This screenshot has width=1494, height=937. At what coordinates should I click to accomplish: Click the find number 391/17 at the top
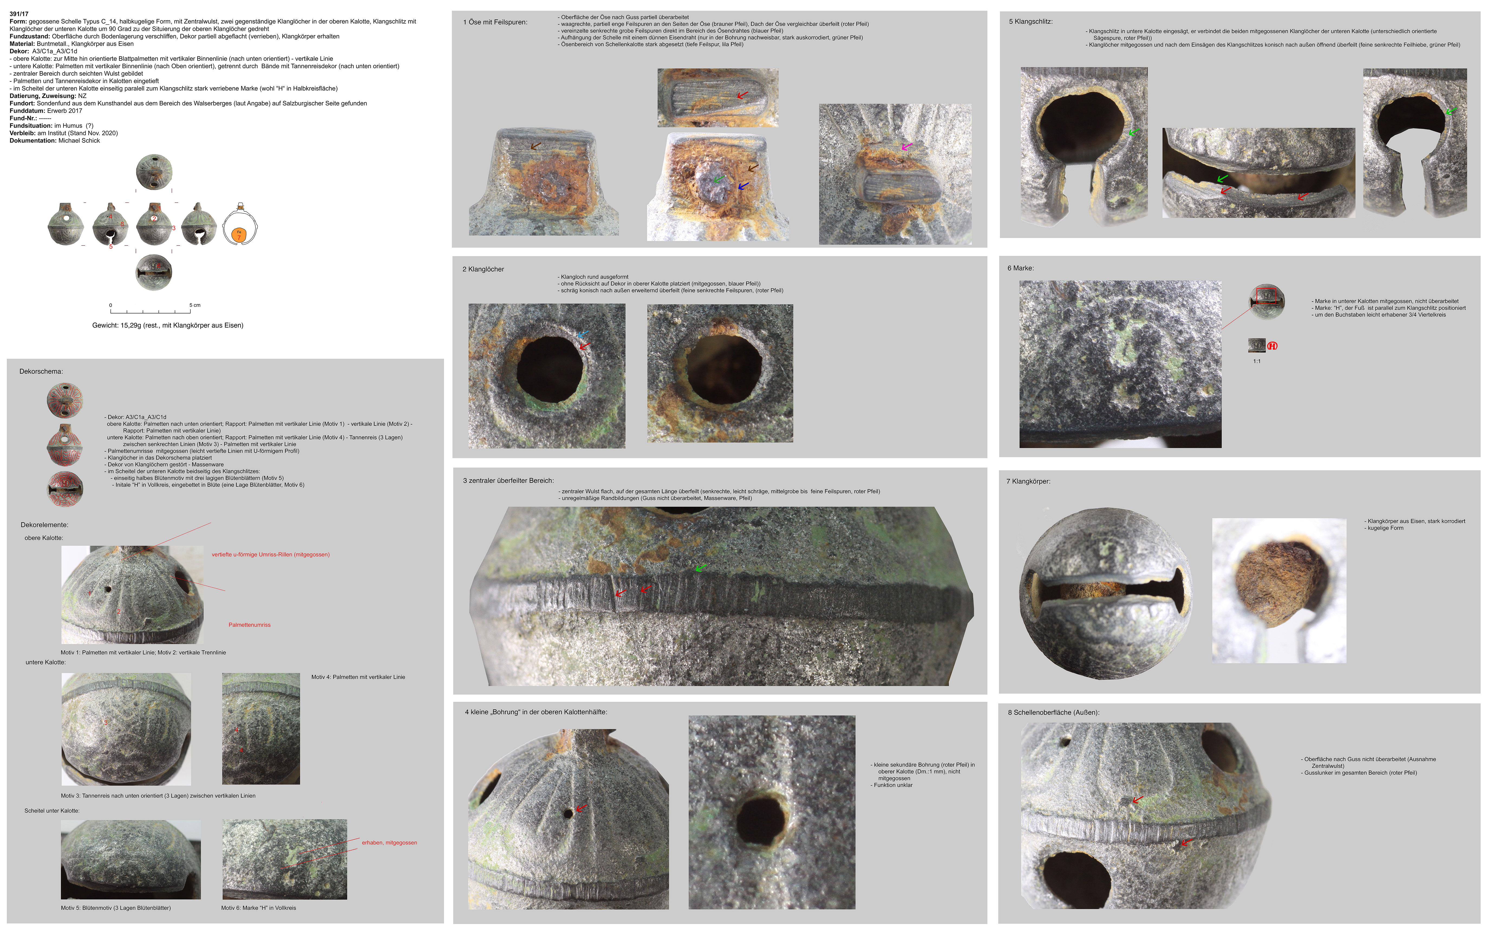(19, 14)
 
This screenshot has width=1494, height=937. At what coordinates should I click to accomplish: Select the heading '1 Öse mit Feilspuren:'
(495, 22)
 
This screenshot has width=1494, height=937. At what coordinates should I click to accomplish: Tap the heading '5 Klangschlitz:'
(1030, 22)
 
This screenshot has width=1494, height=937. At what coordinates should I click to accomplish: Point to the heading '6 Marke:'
(1020, 268)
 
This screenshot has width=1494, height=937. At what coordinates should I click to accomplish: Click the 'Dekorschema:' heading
(41, 372)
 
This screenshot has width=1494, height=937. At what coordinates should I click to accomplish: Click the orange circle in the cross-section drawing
(239, 234)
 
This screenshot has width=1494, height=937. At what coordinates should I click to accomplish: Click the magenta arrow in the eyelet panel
(906, 147)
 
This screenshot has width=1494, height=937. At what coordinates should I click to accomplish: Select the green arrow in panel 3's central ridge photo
(700, 568)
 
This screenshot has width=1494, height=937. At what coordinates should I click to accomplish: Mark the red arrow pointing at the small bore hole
(581, 808)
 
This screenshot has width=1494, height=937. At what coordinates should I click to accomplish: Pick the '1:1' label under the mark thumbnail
(1257, 361)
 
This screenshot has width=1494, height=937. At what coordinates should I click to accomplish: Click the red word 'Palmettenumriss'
(250, 625)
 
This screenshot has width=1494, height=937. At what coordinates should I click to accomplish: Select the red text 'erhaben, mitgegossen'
(390, 843)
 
